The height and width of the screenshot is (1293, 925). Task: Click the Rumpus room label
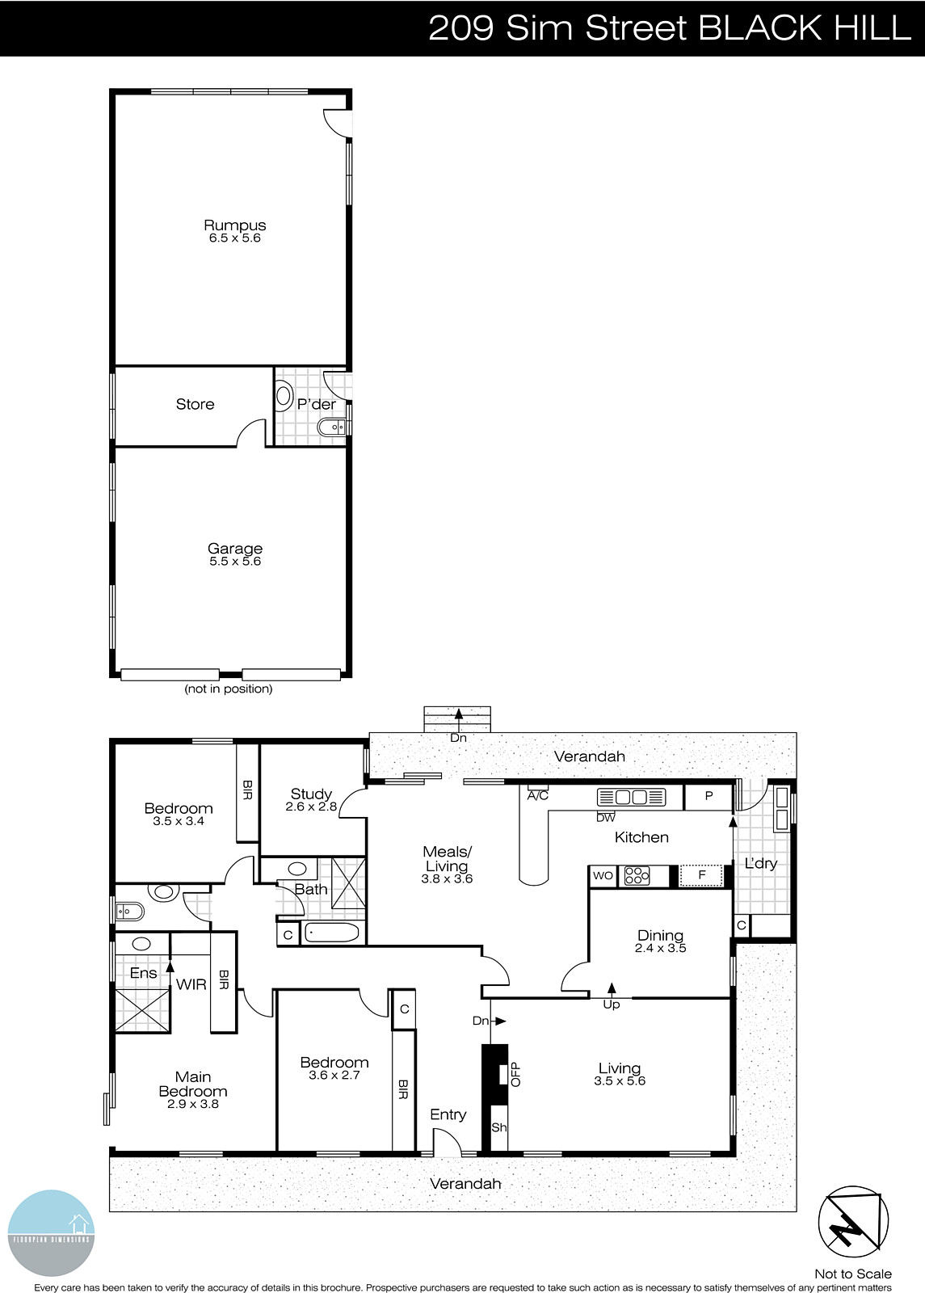(x=234, y=225)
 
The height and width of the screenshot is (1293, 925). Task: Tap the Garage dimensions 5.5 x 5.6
(x=235, y=562)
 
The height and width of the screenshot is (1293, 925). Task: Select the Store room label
(x=196, y=404)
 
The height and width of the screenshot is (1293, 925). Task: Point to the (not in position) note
(x=229, y=689)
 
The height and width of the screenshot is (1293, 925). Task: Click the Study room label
(x=311, y=794)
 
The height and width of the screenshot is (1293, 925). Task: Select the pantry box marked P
(x=708, y=797)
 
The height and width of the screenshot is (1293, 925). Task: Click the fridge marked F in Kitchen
(x=701, y=875)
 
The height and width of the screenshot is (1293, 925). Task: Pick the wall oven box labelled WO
(x=603, y=875)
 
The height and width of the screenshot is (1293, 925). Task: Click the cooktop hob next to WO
(x=637, y=876)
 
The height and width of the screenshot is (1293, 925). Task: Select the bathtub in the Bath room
(x=331, y=933)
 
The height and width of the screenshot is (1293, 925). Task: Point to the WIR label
(x=191, y=984)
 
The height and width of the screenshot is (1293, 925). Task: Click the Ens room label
(x=143, y=973)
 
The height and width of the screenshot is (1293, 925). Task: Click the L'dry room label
(x=760, y=864)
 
